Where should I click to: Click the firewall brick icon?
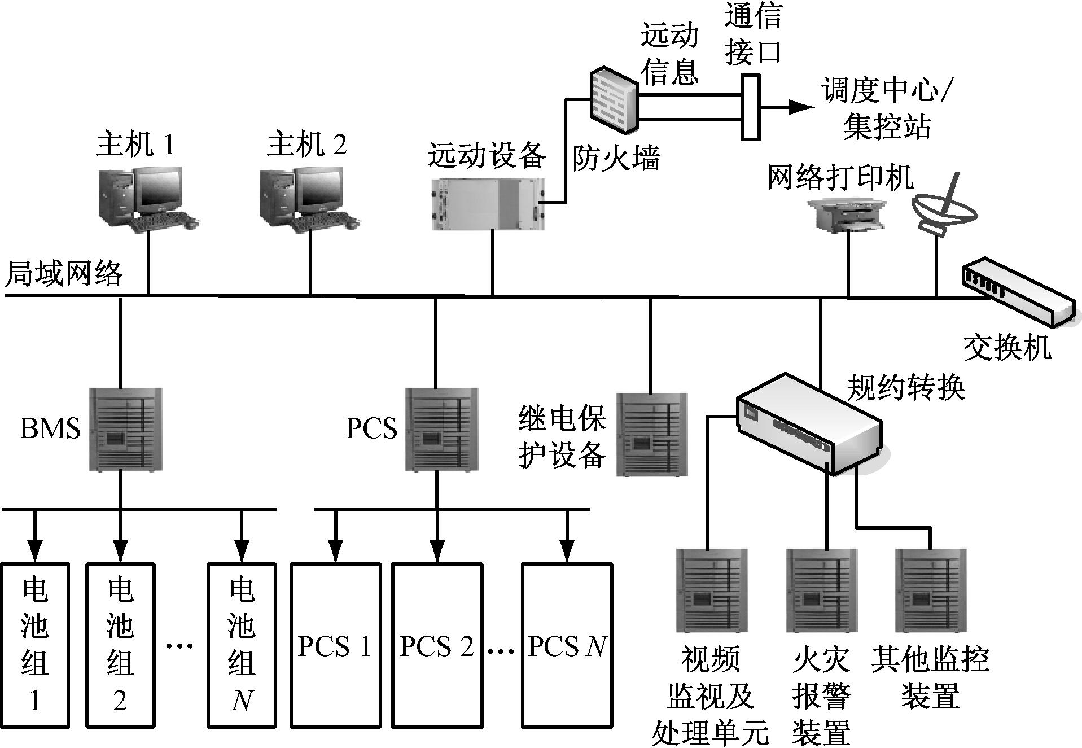click(x=615, y=100)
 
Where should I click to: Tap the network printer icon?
click(x=847, y=215)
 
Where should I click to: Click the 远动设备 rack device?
click(x=489, y=203)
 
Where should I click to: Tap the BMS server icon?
click(x=125, y=429)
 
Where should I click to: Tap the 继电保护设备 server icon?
click(x=651, y=434)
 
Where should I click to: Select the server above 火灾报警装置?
click(x=821, y=590)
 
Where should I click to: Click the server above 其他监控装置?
click(x=931, y=590)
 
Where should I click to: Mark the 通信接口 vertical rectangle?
click(x=750, y=107)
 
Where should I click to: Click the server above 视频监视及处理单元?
click(x=712, y=590)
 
